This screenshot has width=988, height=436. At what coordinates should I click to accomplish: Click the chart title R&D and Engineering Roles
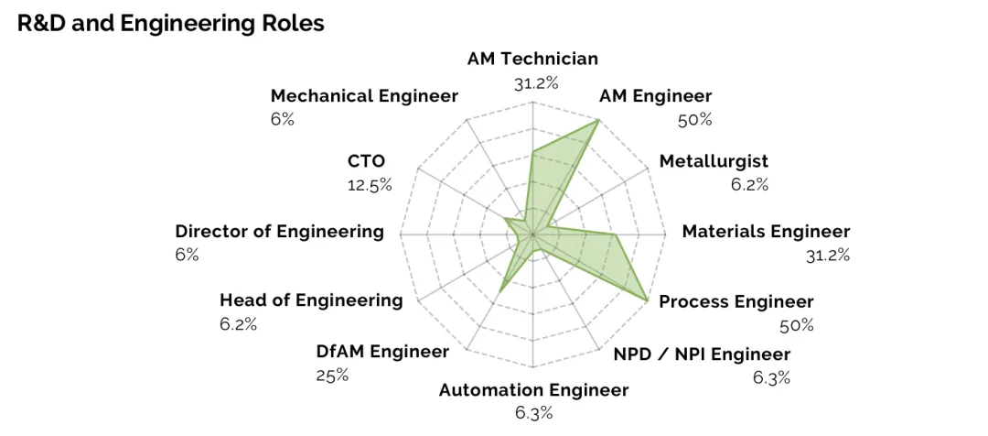coord(171,23)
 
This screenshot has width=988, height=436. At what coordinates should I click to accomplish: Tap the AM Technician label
coord(532,60)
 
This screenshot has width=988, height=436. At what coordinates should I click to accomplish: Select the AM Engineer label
coord(655,96)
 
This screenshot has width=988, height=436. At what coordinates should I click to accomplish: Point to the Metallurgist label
coord(714,161)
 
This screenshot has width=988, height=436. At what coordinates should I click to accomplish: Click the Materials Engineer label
coord(767,232)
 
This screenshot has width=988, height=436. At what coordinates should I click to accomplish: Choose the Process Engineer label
coord(736,301)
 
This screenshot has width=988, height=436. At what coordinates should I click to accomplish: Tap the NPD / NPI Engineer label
coord(702,354)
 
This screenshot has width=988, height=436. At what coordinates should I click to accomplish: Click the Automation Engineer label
coord(533,390)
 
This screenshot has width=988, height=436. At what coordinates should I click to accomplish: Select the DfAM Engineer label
coord(383,352)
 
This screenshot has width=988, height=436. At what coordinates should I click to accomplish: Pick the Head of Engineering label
coord(311,300)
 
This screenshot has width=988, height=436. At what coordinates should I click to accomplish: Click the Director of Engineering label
coord(280,232)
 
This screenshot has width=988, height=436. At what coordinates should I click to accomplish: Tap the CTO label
coord(366,161)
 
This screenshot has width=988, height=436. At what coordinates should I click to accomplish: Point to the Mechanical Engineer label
coord(364,96)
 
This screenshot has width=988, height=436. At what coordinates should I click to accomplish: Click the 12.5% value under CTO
coord(370,186)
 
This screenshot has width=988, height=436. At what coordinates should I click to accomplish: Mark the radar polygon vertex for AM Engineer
coord(598,120)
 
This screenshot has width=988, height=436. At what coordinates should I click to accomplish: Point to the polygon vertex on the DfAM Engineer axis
coord(500,291)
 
